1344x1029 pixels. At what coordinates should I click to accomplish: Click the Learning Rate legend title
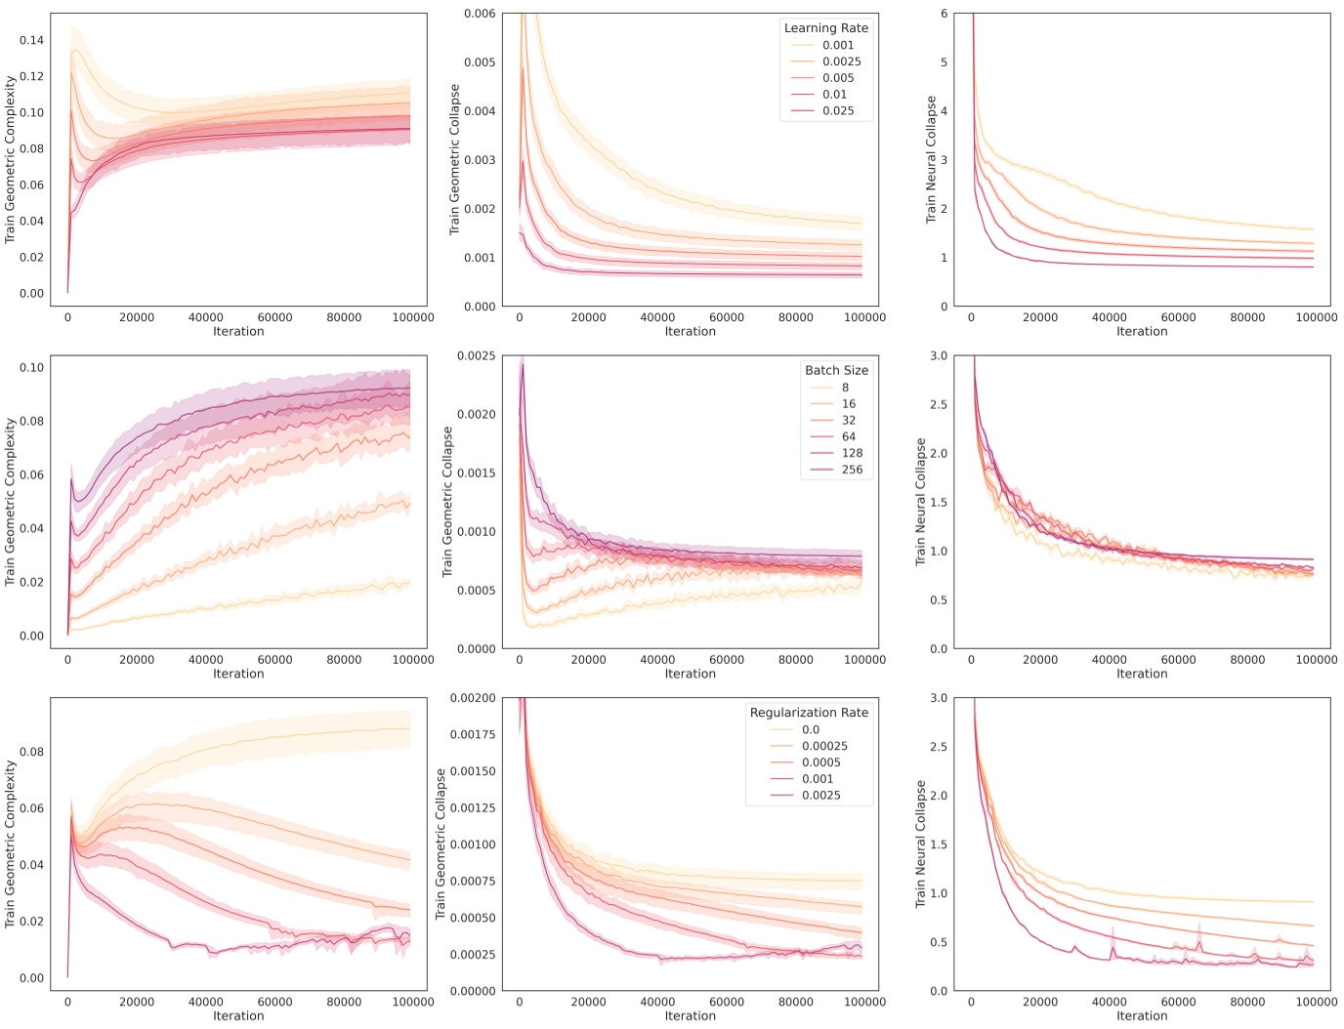tap(825, 28)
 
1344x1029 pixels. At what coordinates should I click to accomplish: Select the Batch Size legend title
tap(836, 370)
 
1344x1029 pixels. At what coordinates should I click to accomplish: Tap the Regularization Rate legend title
tap(809, 713)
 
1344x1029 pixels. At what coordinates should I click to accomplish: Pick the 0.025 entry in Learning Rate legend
tap(837, 110)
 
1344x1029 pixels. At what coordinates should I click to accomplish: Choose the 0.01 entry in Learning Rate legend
tap(834, 95)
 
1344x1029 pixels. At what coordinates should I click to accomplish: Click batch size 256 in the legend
tap(852, 470)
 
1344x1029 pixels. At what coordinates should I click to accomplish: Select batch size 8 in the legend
tap(845, 388)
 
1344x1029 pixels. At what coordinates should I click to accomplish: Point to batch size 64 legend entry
tap(848, 436)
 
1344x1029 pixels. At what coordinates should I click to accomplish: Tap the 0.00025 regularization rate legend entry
tap(824, 746)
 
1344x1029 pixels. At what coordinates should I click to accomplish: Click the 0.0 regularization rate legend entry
tap(811, 729)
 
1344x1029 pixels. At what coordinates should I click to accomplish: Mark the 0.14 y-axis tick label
tap(31, 40)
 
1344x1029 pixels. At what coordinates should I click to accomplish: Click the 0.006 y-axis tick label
tap(480, 14)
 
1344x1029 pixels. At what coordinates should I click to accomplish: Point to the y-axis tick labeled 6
tap(944, 14)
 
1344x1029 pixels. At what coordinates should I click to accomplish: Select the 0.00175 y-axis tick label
tap(473, 734)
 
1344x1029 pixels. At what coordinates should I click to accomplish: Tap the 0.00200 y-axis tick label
tap(473, 698)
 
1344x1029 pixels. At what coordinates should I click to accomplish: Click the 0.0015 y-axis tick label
tap(477, 473)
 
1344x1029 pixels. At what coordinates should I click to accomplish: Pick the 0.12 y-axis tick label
tap(31, 76)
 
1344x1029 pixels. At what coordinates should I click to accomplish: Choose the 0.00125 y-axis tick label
tap(473, 807)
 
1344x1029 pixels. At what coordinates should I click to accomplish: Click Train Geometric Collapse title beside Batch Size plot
tap(447, 501)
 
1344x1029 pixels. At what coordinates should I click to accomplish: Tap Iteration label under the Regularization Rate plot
tap(690, 1015)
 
